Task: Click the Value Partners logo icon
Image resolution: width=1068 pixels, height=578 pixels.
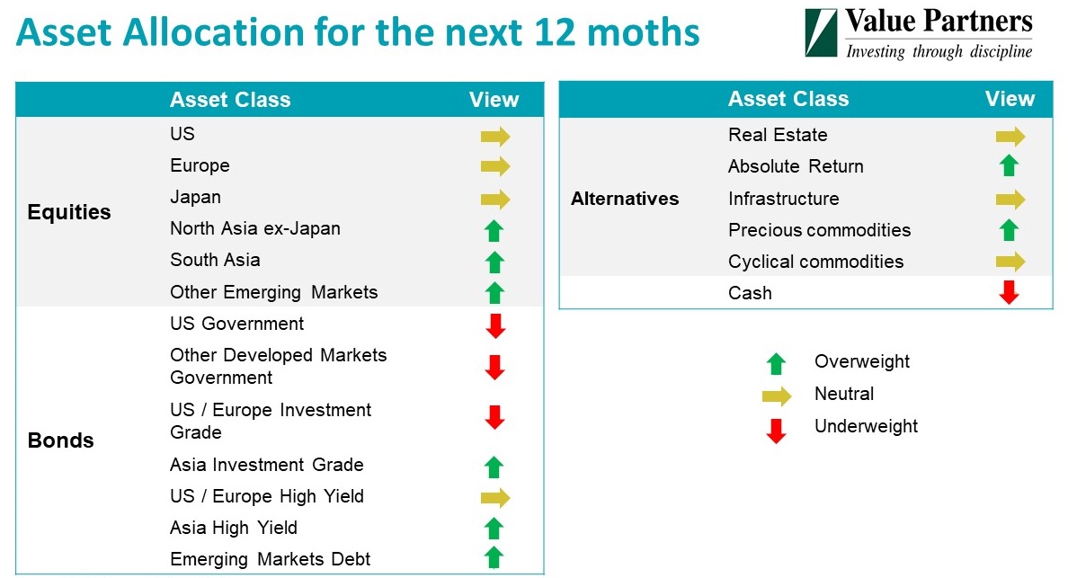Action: (x=821, y=32)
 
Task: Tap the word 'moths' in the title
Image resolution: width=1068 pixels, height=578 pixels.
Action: (x=643, y=32)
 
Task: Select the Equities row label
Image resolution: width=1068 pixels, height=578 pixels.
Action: (x=69, y=212)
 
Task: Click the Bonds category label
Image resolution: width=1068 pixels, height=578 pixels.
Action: (x=60, y=440)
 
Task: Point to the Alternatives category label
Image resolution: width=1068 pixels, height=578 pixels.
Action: (x=625, y=199)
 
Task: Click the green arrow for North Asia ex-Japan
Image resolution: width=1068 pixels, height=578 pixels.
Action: (x=494, y=231)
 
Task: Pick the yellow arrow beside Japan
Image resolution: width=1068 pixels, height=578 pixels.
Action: (x=495, y=200)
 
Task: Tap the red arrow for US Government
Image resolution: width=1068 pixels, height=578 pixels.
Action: (x=495, y=326)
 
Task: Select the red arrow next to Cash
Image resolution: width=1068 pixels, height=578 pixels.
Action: (x=1009, y=292)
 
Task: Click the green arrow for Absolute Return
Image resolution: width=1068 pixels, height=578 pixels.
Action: (x=1009, y=165)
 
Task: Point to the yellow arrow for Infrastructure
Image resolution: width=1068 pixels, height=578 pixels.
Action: (x=1010, y=200)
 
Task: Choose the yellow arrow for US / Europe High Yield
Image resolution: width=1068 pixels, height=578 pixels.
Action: (x=495, y=498)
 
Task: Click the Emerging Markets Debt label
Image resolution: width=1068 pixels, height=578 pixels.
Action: (x=270, y=559)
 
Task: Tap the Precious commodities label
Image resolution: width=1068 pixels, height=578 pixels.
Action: (x=819, y=230)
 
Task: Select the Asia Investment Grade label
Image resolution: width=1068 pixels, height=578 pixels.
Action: (x=266, y=465)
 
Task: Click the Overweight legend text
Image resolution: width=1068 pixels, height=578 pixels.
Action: (x=861, y=361)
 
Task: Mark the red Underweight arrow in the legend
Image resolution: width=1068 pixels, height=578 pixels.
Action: (x=776, y=431)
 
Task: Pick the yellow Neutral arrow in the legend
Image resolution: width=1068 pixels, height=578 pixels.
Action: (x=777, y=396)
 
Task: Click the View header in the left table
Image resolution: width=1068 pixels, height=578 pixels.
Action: (x=494, y=100)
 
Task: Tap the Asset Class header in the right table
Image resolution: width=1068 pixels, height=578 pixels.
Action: (x=788, y=99)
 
